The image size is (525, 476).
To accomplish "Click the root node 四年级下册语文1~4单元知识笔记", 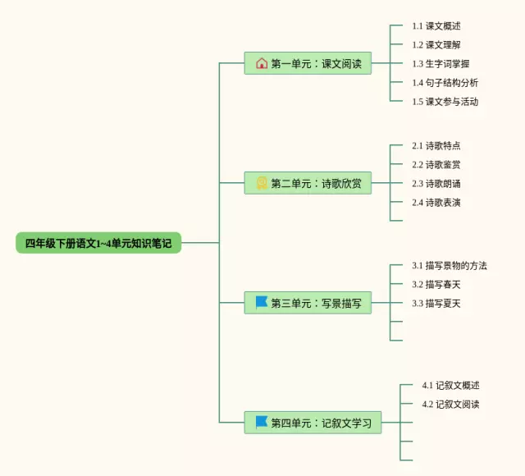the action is pos(98,243).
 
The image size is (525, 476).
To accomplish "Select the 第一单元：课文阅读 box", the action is pos(308,63).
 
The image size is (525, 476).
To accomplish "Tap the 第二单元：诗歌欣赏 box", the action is pos(308,183).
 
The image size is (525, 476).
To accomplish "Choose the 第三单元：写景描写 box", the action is pos(308,303).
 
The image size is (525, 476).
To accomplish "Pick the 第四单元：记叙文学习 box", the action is pos(313,423).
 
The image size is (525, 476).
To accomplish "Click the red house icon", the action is pos(262,63).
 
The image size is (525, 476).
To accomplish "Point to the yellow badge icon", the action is pos(262,183).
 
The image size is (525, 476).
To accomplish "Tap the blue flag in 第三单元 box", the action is pos(261,302).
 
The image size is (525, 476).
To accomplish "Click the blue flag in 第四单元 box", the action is pos(261,422).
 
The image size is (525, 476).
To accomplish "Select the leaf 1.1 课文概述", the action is pos(436,25).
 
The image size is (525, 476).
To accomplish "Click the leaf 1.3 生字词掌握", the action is pos(441,64).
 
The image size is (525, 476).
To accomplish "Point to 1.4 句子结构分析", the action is pos(445,82).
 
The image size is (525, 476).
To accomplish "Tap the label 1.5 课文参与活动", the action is pos(445,102).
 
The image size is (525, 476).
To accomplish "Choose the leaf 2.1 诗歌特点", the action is pos(436,146).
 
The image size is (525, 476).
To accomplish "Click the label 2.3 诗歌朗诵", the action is pos(436,184).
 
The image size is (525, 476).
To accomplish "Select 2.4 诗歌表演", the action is pos(436,203).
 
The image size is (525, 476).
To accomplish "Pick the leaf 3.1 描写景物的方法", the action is pos(450,266).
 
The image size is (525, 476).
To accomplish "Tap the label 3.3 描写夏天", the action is pos(436,304).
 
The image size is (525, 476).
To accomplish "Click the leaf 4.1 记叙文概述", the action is pos(450,385).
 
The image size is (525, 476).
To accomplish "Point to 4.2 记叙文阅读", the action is pos(450,405).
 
